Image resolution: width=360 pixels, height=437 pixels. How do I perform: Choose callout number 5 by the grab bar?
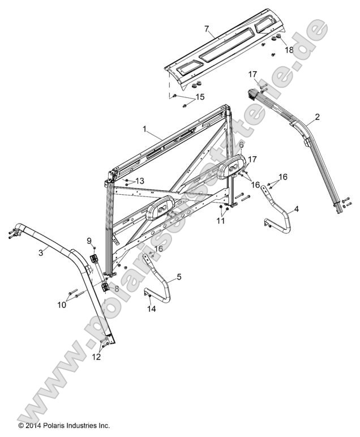tap(179, 277)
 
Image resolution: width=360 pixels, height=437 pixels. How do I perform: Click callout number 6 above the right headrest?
tap(241, 145)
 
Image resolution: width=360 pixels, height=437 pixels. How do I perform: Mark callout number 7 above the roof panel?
tap(207, 28)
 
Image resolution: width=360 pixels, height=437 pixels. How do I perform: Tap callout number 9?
tap(89, 241)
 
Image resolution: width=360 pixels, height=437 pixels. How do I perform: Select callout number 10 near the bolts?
tap(62, 305)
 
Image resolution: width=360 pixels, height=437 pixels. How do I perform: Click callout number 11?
tap(221, 221)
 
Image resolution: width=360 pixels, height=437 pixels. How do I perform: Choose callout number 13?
tap(140, 181)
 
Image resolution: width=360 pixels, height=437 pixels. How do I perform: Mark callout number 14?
tap(151, 309)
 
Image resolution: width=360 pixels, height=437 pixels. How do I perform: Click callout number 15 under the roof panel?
tap(184, 97)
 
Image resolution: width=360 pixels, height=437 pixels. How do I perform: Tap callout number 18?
tap(289, 50)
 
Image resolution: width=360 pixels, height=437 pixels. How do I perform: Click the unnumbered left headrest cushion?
tap(162, 210)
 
